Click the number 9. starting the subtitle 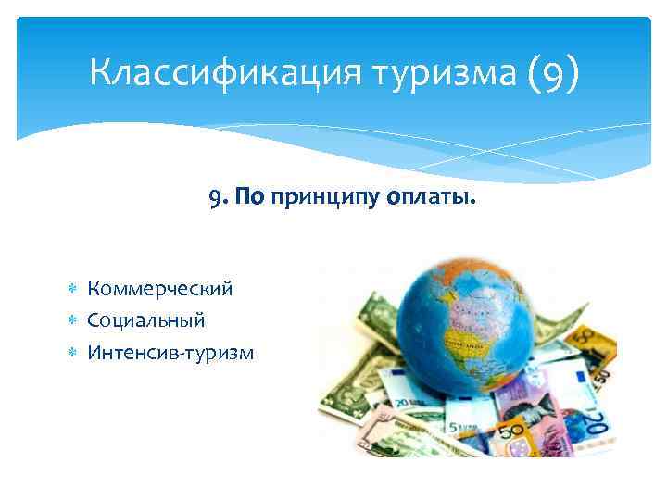(x=218, y=196)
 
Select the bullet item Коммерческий (x=160, y=289)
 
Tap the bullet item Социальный (x=146, y=320)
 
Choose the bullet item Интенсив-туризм (x=170, y=352)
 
